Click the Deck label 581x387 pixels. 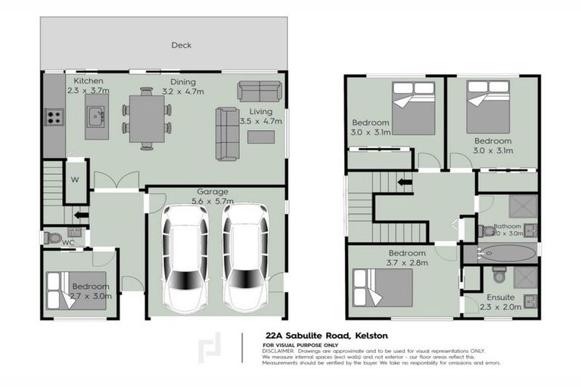(x=181, y=45)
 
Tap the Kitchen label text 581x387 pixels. (x=89, y=81)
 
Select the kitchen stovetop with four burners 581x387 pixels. (x=54, y=117)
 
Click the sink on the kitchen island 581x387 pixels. (x=96, y=117)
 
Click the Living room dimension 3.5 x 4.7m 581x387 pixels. (x=266, y=121)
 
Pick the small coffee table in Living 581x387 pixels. (x=261, y=137)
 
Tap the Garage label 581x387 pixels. (x=213, y=192)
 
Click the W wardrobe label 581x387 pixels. (x=75, y=180)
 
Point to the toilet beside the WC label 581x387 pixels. (x=53, y=237)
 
